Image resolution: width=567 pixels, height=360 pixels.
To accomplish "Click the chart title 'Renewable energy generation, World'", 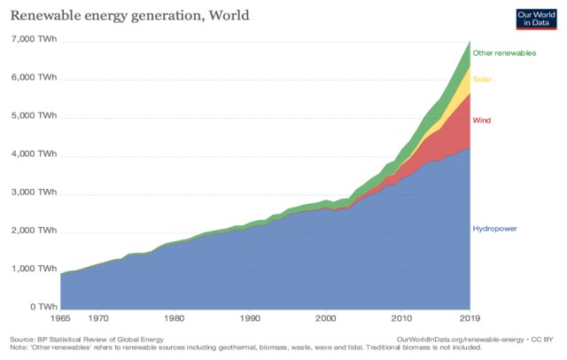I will pos(123,14).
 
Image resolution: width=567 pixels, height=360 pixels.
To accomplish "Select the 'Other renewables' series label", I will pos(504,53).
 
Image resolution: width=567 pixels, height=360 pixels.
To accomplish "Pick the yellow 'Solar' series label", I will pos(482,80).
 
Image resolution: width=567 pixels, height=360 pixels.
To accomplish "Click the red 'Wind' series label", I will pos(481,120).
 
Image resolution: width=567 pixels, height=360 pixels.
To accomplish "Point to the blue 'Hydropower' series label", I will pos(494,228).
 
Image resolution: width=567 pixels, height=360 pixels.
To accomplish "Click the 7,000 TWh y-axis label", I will pos(34,39).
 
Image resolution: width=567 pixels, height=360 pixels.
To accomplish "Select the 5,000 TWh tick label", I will pos(34,115).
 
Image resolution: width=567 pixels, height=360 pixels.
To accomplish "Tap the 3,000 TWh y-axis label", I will pos(34,192).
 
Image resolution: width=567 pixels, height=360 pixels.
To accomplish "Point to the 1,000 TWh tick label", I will pos(34,269).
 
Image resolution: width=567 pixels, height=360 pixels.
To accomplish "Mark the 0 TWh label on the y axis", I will pos(41,307).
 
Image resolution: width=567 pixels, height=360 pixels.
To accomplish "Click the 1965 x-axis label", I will pos(61,317).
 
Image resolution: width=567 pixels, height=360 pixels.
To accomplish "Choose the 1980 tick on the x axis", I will pos(175,317).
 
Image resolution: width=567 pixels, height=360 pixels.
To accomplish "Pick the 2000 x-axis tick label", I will pos(326,317).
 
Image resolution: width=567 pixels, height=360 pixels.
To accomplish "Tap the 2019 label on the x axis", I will pos(470,317).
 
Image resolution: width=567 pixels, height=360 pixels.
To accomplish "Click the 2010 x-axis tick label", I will pos(402,317).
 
